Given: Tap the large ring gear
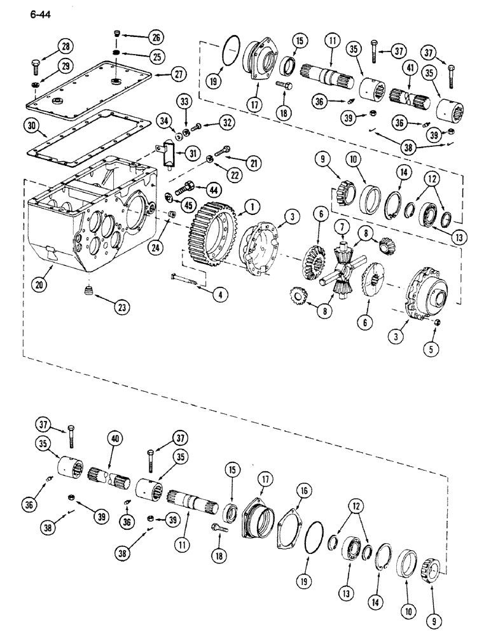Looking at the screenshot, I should tap(210, 235).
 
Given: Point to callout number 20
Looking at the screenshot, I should tap(40, 286).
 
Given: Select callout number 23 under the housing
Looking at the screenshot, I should tap(121, 308).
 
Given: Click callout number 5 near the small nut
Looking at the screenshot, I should tap(436, 349).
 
